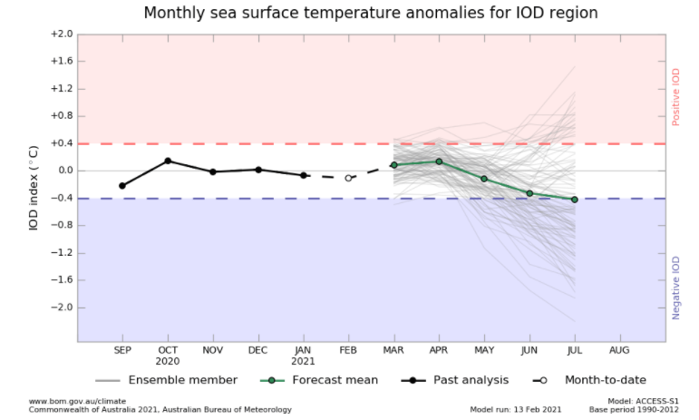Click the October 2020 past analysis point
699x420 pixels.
tap(168, 161)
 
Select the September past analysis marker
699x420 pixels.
tap(122, 185)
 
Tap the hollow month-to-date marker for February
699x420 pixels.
tap(348, 178)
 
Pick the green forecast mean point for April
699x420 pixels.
tap(439, 161)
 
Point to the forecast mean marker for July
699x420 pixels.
tap(575, 200)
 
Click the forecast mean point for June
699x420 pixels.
tap(529, 193)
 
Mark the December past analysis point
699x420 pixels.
tap(258, 170)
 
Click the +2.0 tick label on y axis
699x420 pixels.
tap(61, 34)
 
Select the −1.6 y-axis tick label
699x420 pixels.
tap(61, 280)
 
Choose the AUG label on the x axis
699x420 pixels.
tap(620, 349)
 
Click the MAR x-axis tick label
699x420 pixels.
tap(393, 349)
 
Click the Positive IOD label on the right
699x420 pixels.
tap(675, 97)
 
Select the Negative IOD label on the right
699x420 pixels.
tap(675, 287)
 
